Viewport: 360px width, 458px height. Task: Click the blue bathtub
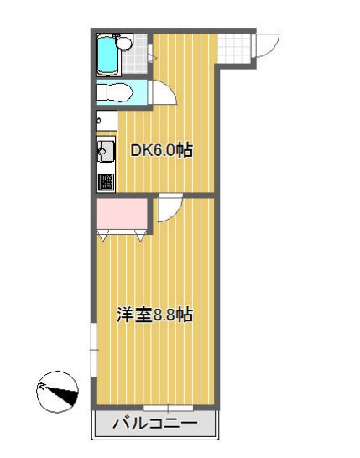pyautogui.click(x=107, y=55)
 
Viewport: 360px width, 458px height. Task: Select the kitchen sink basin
pyautogui.click(x=107, y=152)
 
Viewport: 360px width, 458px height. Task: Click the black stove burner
pyautogui.click(x=106, y=181)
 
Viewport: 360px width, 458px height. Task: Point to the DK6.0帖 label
pyautogui.click(x=162, y=151)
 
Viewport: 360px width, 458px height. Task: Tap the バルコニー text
pyautogui.click(x=154, y=424)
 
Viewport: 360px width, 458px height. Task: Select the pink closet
pyautogui.click(x=122, y=215)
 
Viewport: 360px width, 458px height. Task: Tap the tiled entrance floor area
pyautogui.click(x=236, y=47)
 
